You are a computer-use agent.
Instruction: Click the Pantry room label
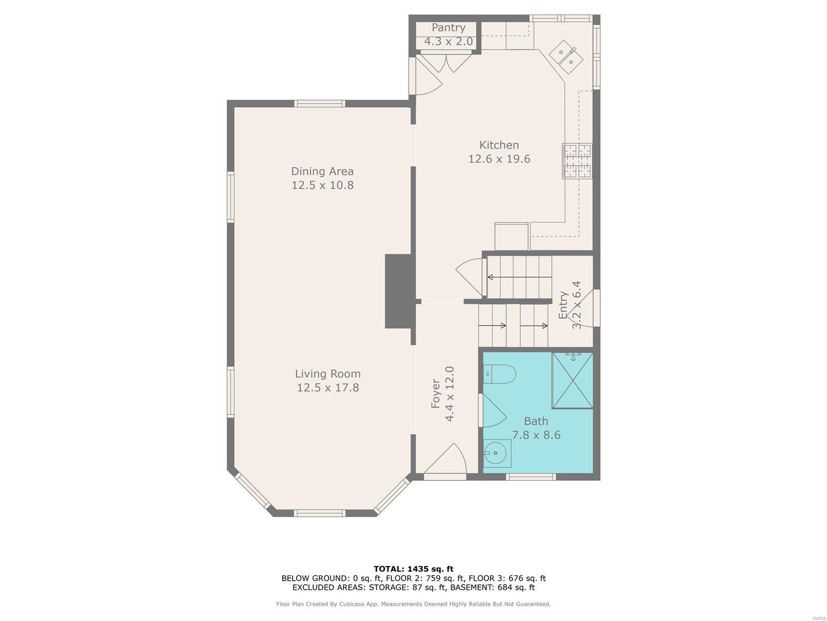(448, 28)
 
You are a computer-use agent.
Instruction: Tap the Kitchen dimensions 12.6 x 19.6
(499, 159)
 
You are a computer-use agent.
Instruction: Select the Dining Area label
(322, 172)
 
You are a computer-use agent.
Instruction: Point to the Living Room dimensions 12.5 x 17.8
(328, 388)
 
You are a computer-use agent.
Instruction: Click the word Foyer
(436, 394)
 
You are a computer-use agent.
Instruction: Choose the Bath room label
(536, 421)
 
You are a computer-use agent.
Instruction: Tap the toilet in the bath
(499, 374)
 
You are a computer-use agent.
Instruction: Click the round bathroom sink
(497, 454)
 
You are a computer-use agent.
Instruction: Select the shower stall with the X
(572, 380)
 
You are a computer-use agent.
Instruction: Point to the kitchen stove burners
(577, 160)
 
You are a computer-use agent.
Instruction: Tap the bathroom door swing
(493, 410)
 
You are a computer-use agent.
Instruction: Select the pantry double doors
(446, 63)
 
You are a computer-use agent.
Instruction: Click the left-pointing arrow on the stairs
(519, 277)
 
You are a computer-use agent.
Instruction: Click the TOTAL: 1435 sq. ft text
(413, 569)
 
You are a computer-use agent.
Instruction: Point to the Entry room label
(563, 305)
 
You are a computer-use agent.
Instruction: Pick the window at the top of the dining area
(319, 103)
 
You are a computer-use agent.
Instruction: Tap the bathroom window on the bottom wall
(531, 477)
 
